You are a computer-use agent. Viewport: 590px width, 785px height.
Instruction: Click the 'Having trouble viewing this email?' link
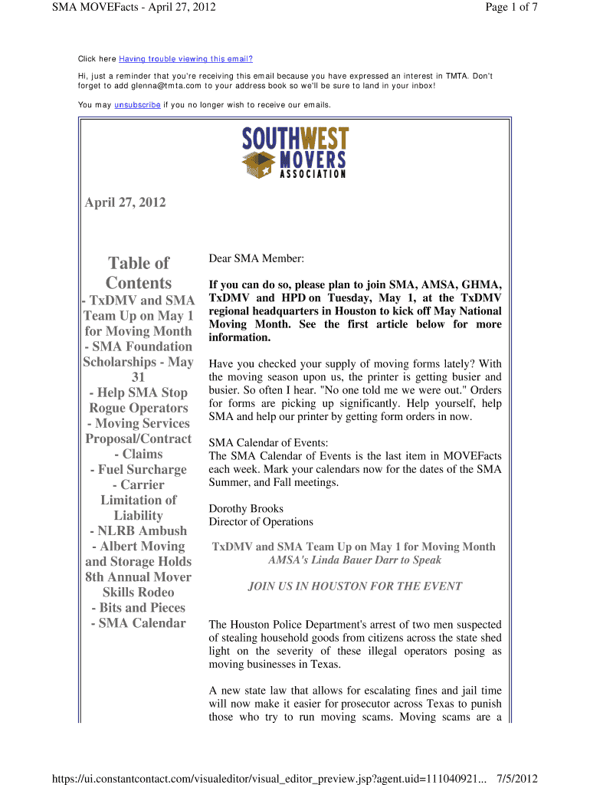(185, 59)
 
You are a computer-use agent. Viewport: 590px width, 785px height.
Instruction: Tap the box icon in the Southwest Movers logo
(259, 163)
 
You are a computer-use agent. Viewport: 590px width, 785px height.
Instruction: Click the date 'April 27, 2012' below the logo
(125, 202)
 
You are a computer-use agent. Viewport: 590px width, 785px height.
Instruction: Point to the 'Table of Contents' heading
(139, 273)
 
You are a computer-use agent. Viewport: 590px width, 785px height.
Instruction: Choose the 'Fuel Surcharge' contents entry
(138, 469)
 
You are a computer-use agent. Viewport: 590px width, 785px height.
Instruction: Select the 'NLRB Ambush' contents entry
(138, 530)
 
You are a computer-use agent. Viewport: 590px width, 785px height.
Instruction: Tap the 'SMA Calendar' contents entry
(138, 622)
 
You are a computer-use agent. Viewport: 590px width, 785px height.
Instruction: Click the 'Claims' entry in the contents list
(139, 454)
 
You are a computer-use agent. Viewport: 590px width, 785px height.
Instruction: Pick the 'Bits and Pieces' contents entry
(138, 607)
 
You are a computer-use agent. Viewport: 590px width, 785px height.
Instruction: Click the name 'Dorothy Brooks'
(246, 508)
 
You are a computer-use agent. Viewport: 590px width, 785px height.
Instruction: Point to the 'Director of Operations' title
(261, 521)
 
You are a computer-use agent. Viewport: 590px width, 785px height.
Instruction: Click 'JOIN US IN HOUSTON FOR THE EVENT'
(355, 586)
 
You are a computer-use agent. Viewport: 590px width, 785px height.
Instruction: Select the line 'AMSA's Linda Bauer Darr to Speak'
(354, 560)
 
